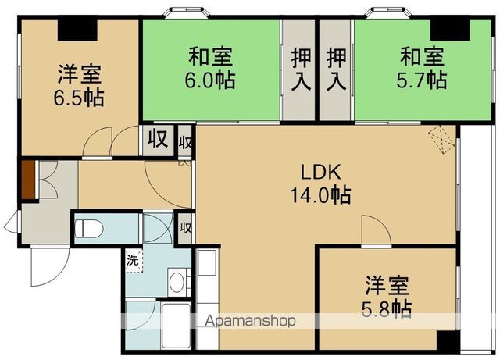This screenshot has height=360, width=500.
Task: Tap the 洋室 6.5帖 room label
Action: click(x=80, y=86)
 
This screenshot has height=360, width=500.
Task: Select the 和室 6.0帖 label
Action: click(x=211, y=68)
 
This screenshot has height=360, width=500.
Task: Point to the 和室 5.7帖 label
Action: click(x=423, y=68)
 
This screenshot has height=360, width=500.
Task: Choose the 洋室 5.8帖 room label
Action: click(x=387, y=297)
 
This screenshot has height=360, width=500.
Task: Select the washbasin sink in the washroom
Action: click(x=177, y=282)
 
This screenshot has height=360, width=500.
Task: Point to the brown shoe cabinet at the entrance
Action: click(x=27, y=179)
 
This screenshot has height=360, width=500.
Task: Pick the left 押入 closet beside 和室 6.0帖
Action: click(x=300, y=68)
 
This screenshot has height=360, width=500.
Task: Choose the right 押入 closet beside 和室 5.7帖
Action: click(x=336, y=68)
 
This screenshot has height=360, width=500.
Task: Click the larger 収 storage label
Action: click(x=157, y=141)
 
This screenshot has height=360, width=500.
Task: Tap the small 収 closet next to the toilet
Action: click(x=185, y=228)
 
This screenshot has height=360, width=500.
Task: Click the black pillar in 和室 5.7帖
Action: click(x=451, y=29)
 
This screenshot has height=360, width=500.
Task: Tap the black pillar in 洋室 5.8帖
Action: click(x=446, y=341)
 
